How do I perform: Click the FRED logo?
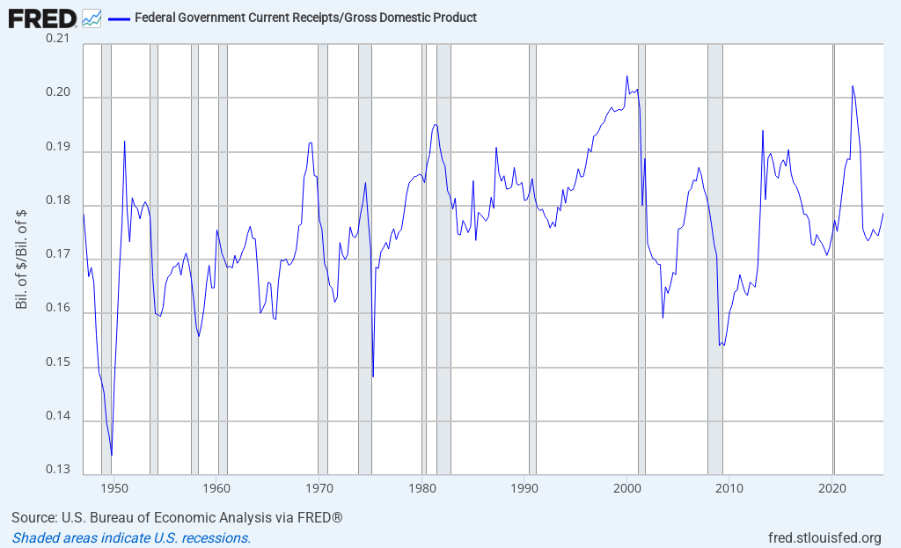tap(41, 17)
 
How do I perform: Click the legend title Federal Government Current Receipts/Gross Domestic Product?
tap(305, 18)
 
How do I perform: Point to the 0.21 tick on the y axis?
tap(62, 40)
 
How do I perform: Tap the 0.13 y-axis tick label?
tap(62, 469)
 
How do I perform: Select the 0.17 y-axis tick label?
tap(62, 254)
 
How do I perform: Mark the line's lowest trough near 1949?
tap(112, 455)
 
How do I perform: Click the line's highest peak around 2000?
tap(626, 77)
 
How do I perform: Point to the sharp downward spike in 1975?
tap(373, 376)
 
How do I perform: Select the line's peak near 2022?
tap(852, 86)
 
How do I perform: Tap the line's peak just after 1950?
tap(125, 142)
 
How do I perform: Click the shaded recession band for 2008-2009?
tap(714, 264)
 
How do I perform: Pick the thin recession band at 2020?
tap(833, 264)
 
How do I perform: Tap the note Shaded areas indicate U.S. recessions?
tap(131, 537)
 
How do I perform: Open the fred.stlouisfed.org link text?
tap(824, 537)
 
